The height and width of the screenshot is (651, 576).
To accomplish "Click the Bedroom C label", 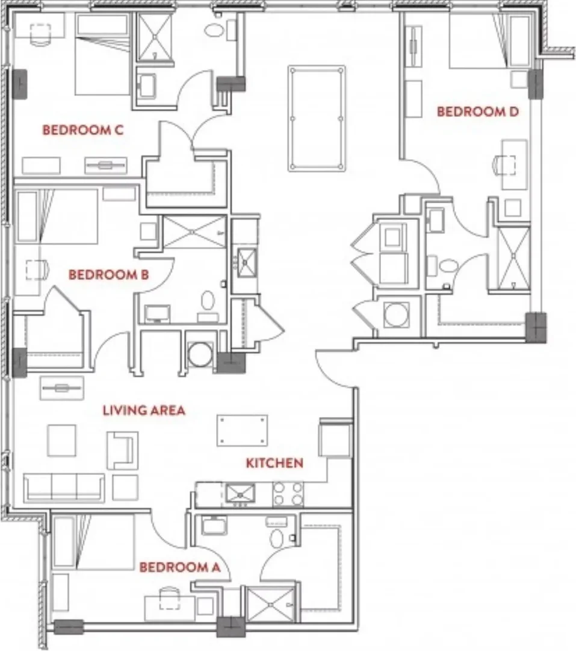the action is pos(83,130).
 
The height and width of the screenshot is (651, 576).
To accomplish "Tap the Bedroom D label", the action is pos(478,112).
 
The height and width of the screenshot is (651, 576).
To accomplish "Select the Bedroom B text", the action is pos(108,274).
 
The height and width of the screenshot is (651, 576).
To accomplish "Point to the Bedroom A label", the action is pos(179,567).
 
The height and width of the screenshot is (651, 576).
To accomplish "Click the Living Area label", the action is pos(144,410).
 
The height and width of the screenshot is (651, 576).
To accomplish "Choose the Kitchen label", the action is pos(274,463).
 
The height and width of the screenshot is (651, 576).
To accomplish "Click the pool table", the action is pos(317,118).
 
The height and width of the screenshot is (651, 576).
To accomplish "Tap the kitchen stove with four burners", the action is pos(288,494).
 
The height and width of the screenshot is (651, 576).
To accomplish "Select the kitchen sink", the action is pos(241,494).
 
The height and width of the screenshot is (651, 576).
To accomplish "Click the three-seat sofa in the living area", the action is pos(64,488).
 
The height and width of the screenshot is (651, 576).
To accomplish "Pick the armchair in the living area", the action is pos(122,450).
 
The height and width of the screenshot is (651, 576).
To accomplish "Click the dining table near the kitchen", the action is pos(243,430).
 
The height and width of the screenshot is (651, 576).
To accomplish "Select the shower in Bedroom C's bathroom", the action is pos(154,36).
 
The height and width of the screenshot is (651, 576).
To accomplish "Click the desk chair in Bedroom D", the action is pos(506,165).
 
